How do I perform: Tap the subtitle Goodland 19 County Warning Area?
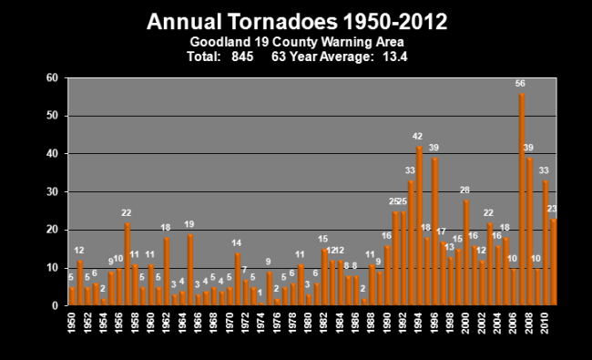[299, 41]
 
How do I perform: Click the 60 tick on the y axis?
[52, 78]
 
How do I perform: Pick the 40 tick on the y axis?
[52, 154]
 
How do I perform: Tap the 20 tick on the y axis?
[52, 230]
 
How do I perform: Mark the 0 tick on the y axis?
[55, 305]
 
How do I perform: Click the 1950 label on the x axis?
[72, 323]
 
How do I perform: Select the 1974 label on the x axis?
[260, 323]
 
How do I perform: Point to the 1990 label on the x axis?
[387, 323]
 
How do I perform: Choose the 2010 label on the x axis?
[545, 323]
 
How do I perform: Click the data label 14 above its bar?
[237, 242]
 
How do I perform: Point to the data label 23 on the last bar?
[552, 209]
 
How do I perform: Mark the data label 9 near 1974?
[269, 262]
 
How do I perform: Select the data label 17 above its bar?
[442, 231]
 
